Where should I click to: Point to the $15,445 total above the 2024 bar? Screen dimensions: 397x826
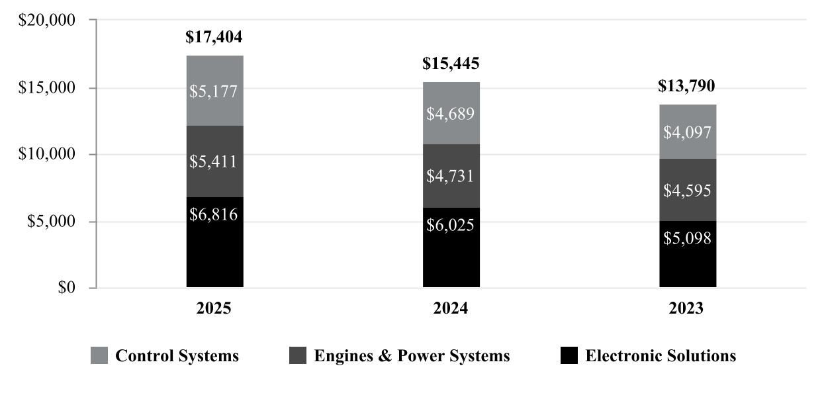[x=451, y=64]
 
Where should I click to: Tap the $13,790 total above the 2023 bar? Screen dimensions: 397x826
[x=687, y=87]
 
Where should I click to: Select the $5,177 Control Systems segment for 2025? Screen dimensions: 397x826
[x=214, y=91]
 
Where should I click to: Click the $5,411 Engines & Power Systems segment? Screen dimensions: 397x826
[x=214, y=161]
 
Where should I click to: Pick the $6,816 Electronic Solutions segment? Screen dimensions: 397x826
[x=214, y=242]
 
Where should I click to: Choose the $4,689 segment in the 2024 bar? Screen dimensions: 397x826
[x=451, y=113]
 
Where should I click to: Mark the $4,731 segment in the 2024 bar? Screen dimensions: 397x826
[x=451, y=176]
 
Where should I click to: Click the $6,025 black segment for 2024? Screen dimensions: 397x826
[x=451, y=247]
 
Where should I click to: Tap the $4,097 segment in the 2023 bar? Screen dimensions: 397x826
[x=687, y=132]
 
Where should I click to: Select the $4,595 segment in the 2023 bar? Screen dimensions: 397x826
[x=687, y=191]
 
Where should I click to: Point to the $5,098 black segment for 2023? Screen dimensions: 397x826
[x=687, y=254]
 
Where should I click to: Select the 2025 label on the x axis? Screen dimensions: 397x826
[x=214, y=308]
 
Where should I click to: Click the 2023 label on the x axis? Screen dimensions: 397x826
[x=687, y=308]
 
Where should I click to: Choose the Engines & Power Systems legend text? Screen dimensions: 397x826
[x=412, y=356]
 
